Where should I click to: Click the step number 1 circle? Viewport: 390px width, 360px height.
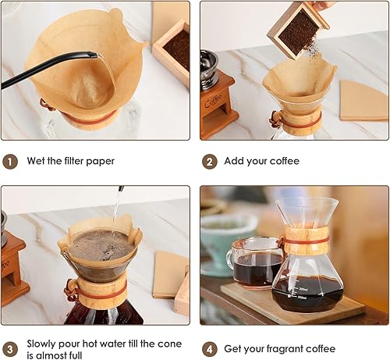[11, 162]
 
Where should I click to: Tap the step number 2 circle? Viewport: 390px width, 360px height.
[209, 162]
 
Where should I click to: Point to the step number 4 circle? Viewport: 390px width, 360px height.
[209, 348]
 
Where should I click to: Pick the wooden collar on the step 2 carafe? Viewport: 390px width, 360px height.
[300, 121]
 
